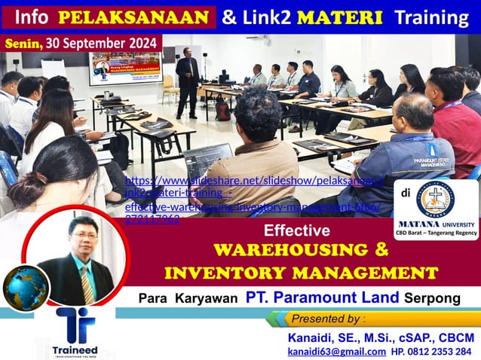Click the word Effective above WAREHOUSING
coord(297,230)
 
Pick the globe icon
coord(26,287)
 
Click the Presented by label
coord(329,319)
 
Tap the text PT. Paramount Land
coord(323,298)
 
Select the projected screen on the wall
coord(126,66)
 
